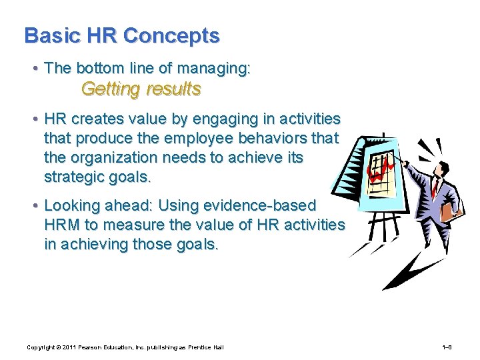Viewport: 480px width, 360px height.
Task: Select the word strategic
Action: (75, 177)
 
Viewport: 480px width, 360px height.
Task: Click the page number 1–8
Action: (447, 347)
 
